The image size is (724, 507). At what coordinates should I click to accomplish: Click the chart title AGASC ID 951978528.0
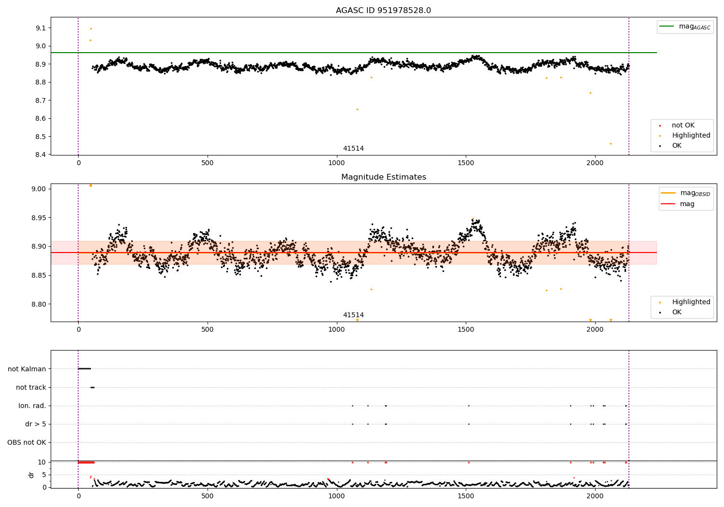pyautogui.click(x=383, y=10)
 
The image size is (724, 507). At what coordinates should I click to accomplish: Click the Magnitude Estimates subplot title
pyautogui.click(x=384, y=177)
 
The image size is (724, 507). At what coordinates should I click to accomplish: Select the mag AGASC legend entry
pyautogui.click(x=685, y=27)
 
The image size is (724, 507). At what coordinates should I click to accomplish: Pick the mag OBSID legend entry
pyautogui.click(x=686, y=193)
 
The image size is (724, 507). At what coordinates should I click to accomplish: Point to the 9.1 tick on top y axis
pyautogui.click(x=41, y=28)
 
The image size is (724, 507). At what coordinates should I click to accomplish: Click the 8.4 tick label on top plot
pyautogui.click(x=41, y=155)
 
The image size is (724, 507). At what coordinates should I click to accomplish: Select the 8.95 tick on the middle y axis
pyautogui.click(x=39, y=218)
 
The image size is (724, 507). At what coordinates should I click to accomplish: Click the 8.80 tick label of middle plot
pyautogui.click(x=39, y=304)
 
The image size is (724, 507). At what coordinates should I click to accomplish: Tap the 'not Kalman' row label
pyautogui.click(x=27, y=369)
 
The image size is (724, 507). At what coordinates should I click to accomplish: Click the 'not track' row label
pyautogui.click(x=31, y=387)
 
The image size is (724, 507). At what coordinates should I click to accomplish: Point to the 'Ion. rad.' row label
pyautogui.click(x=32, y=406)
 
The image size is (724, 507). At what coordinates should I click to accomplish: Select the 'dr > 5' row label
pyautogui.click(x=36, y=424)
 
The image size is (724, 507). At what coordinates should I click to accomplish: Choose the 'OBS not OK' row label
pyautogui.click(x=27, y=442)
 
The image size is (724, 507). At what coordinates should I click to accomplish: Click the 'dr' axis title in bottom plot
pyautogui.click(x=31, y=475)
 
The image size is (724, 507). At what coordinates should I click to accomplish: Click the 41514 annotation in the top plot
pyautogui.click(x=353, y=148)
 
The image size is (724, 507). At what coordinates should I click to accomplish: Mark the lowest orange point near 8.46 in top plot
pyautogui.click(x=611, y=143)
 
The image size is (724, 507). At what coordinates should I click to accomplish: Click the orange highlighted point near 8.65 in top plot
pyautogui.click(x=357, y=109)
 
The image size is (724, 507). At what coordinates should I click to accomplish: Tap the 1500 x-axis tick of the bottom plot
pyautogui.click(x=466, y=496)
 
